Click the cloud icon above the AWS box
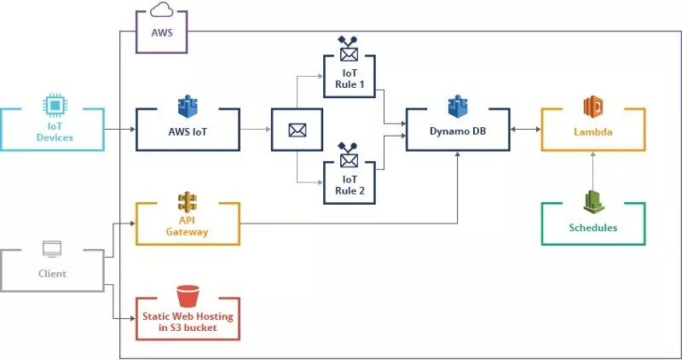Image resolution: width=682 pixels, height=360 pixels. (161, 10)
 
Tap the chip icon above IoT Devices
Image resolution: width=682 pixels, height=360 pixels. (54, 105)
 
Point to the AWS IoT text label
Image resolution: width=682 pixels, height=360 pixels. (188, 132)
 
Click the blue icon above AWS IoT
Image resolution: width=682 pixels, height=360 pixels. (188, 107)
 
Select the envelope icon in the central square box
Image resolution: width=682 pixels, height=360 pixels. (297, 130)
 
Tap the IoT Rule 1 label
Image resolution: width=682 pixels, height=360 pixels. (348, 80)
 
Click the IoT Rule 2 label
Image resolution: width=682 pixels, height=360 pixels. (348, 184)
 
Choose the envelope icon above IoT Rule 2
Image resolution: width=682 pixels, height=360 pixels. (348, 157)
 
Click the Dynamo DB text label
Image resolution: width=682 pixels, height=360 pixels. (458, 132)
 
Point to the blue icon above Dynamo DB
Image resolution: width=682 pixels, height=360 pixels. (458, 107)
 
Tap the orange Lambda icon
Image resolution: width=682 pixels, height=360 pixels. (593, 107)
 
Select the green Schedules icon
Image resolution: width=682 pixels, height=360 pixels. (593, 201)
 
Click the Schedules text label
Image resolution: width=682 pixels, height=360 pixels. (593, 228)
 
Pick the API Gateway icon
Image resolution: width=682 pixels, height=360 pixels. (188, 202)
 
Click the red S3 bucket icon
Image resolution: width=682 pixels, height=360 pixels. (188, 296)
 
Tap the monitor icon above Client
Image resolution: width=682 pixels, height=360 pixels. (52, 249)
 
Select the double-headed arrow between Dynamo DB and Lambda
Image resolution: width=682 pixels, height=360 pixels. (525, 130)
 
